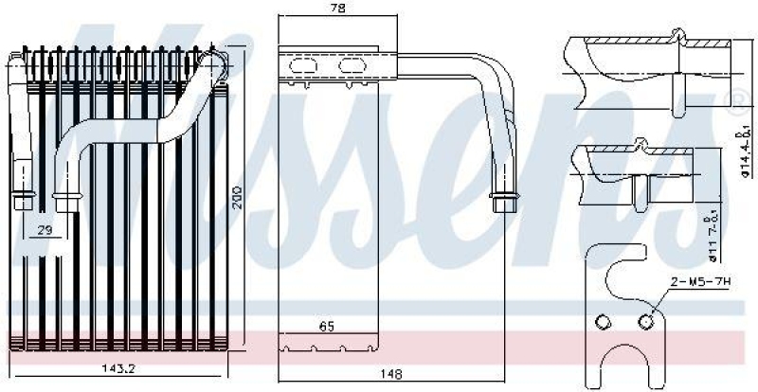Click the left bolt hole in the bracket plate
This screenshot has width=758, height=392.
coord(600,322)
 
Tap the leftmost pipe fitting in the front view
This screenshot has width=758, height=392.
coord(21,201)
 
